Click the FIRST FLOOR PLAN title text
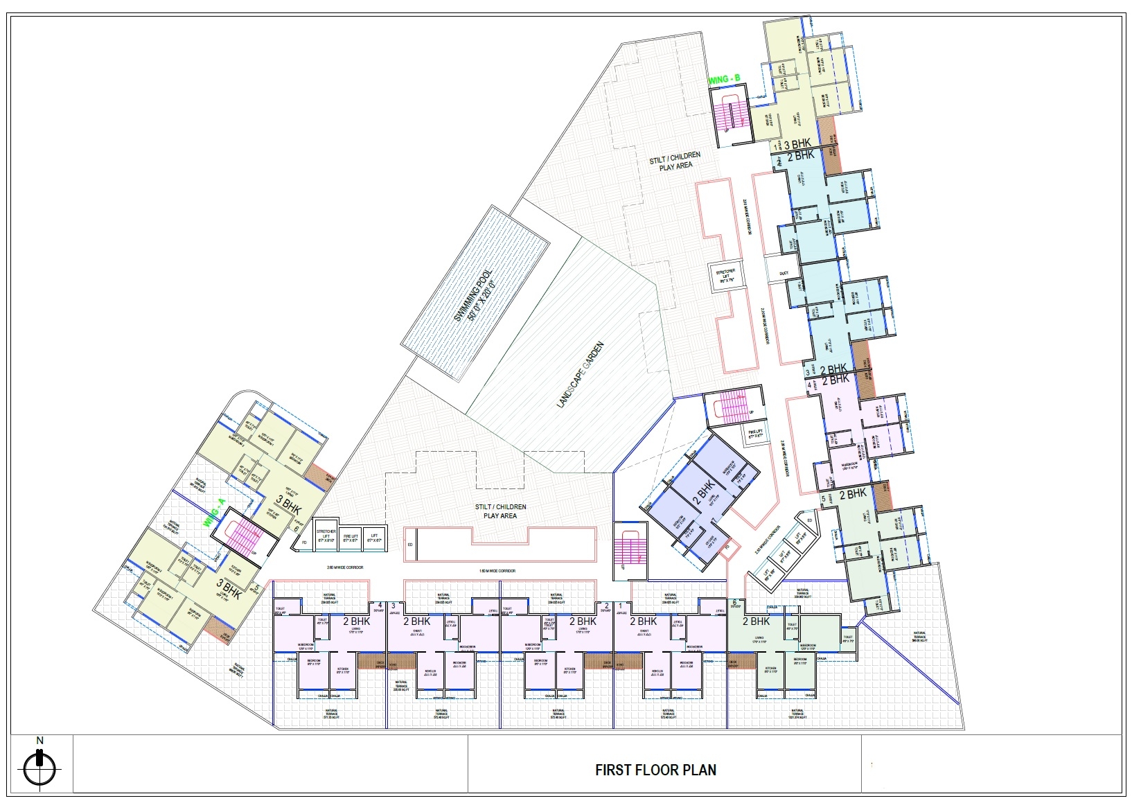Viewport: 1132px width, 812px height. point(655,770)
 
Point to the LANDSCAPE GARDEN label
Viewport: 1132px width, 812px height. point(581,375)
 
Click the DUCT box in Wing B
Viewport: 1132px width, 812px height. point(784,274)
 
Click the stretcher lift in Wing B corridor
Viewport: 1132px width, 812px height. point(725,275)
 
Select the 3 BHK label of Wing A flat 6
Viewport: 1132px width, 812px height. point(289,503)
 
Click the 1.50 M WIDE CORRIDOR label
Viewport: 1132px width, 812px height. point(497,571)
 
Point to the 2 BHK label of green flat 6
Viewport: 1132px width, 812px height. point(756,621)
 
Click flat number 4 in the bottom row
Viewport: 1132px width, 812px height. point(380,604)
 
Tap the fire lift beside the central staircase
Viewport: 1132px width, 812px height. point(754,434)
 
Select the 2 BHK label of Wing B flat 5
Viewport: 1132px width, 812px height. point(852,494)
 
